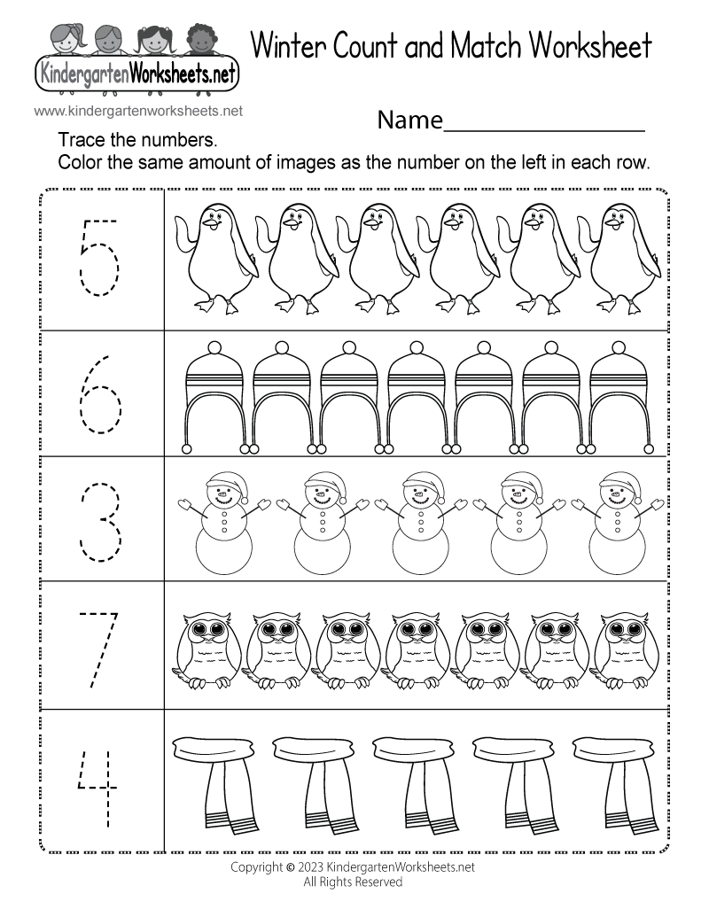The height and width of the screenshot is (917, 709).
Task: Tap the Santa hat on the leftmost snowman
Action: pyautogui.click(x=227, y=486)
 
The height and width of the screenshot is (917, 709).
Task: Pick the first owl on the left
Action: pyautogui.click(x=204, y=649)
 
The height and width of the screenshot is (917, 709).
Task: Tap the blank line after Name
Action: pyautogui.click(x=544, y=130)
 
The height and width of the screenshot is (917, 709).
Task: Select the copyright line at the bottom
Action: pyautogui.click(x=353, y=866)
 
